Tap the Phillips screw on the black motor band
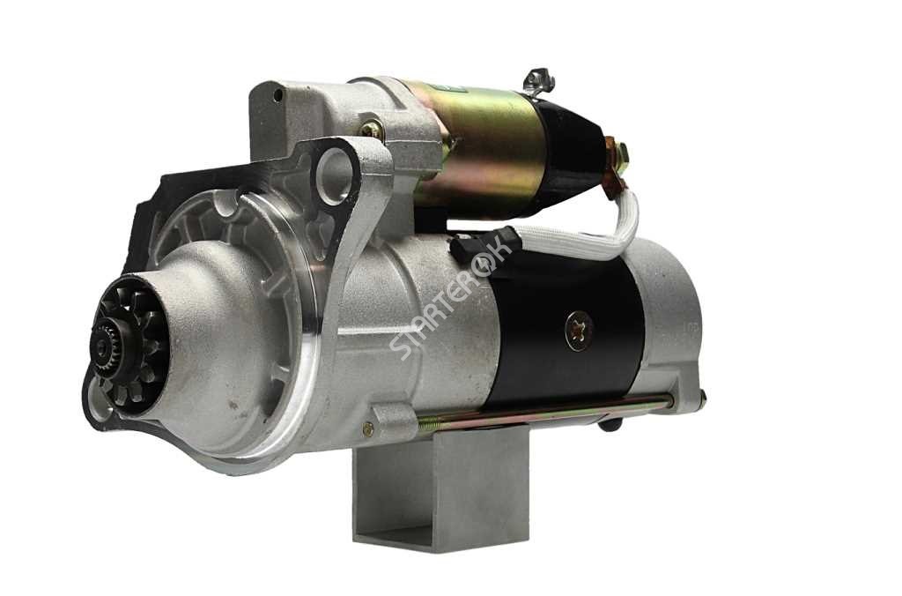(x=580, y=331)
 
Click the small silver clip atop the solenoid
(x=539, y=80)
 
